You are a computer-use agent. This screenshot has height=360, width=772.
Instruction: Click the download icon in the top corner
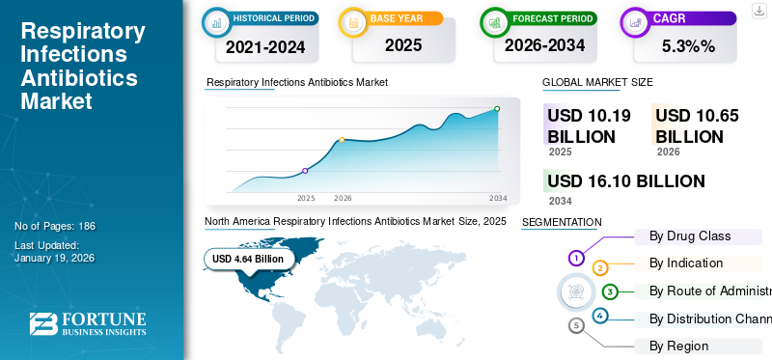(759, 11)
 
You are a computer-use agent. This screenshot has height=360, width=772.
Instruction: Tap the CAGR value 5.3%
(687, 44)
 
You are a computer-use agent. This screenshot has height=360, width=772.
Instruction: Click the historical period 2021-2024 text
(264, 45)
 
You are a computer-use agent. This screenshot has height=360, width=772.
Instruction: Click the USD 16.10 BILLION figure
(626, 180)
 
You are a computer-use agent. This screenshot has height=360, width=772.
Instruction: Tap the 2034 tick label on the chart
(498, 198)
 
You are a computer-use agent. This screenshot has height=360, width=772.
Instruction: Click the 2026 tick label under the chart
(343, 198)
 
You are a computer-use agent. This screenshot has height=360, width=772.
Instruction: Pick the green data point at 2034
(497, 109)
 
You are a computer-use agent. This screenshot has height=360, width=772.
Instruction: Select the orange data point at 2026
(342, 140)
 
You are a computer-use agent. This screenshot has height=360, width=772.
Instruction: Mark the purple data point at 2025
(305, 171)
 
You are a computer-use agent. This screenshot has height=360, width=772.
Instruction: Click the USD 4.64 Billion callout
(248, 259)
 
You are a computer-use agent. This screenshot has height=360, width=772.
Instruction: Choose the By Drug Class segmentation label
(690, 235)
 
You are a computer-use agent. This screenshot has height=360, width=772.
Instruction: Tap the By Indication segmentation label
(686, 263)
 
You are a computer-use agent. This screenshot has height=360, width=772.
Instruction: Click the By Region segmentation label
(678, 346)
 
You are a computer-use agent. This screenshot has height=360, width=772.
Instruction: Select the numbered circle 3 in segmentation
(610, 291)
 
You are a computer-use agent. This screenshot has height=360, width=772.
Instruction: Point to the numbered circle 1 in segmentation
(576, 258)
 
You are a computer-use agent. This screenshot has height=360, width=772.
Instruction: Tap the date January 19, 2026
(54, 259)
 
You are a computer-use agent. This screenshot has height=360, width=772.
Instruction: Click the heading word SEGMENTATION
(561, 222)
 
